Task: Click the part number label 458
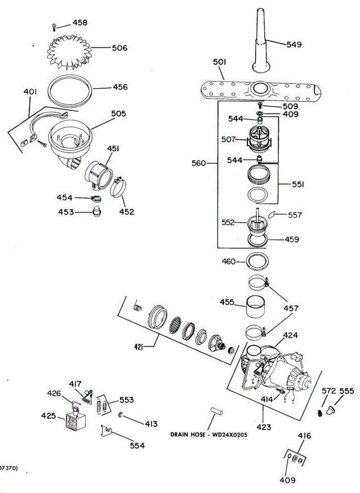(x=80, y=23)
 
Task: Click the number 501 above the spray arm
(x=220, y=62)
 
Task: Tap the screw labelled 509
(x=259, y=106)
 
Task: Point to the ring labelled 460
(x=257, y=261)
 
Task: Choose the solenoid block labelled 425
(x=72, y=422)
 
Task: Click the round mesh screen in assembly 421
(x=175, y=325)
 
